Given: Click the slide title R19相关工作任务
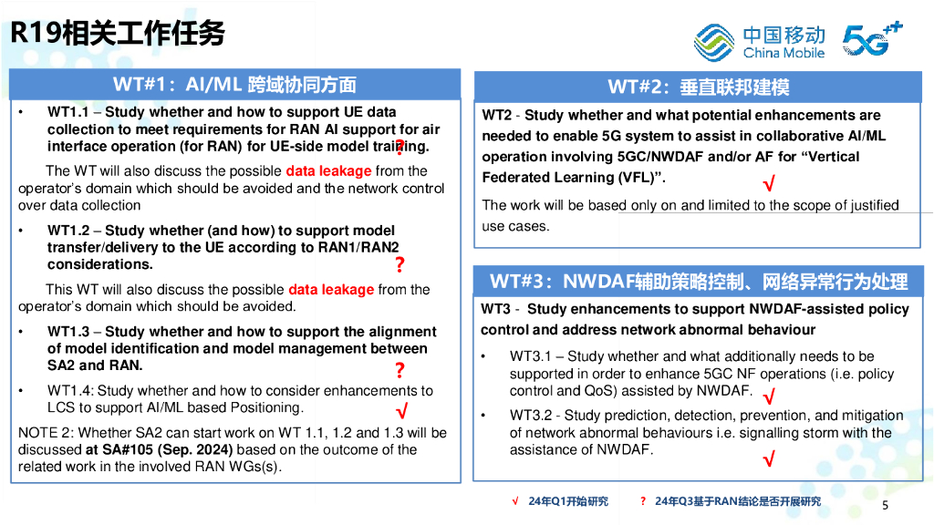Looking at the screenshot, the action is click(118, 33).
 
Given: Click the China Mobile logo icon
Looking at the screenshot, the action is click(713, 42).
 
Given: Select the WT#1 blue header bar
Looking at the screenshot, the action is click(235, 85).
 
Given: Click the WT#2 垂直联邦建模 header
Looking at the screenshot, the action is click(698, 87).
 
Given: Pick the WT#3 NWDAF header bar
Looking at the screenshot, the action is click(698, 281).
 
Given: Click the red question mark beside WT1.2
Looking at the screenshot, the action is click(400, 264).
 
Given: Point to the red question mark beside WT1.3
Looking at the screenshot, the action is click(400, 370).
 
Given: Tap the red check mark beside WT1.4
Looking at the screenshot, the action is click(402, 411).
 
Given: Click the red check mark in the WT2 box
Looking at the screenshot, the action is click(769, 182).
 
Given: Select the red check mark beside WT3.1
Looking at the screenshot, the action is click(769, 396).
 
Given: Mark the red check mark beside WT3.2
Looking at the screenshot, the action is click(769, 458).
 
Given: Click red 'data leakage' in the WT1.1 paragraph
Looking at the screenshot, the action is click(328, 170).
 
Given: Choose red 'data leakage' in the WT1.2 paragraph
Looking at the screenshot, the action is click(331, 289).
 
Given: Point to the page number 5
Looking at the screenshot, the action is click(885, 505).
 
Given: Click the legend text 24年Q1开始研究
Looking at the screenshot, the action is click(568, 501).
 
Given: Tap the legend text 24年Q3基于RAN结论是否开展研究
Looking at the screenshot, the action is click(738, 501).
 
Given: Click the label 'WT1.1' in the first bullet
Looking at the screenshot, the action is click(67, 112).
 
